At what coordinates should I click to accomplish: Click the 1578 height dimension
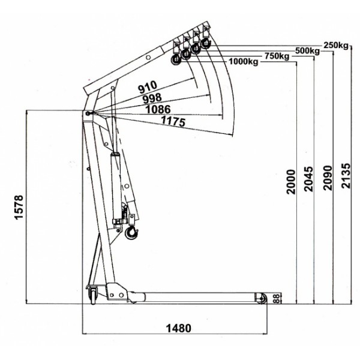(x=19, y=207)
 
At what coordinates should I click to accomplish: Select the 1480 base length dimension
(x=178, y=328)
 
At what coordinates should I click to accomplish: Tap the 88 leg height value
(x=278, y=298)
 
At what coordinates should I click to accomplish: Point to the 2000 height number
(x=291, y=182)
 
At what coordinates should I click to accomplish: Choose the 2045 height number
(x=308, y=179)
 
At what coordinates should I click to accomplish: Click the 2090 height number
(x=328, y=178)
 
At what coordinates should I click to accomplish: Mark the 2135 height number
(x=346, y=176)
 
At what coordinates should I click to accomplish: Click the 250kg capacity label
(x=336, y=45)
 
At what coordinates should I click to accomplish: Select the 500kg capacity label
(x=307, y=50)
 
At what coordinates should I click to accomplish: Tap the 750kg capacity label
(x=277, y=56)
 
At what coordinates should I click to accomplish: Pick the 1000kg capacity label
(x=244, y=62)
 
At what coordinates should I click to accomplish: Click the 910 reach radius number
(x=148, y=87)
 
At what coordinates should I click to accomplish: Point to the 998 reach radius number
(x=152, y=98)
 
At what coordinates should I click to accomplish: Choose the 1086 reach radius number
(x=158, y=109)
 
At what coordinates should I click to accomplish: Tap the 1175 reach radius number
(x=173, y=121)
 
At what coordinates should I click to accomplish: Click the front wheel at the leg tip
(x=261, y=298)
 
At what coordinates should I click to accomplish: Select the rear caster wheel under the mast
(x=93, y=296)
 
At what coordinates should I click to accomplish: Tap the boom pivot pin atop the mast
(x=88, y=113)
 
